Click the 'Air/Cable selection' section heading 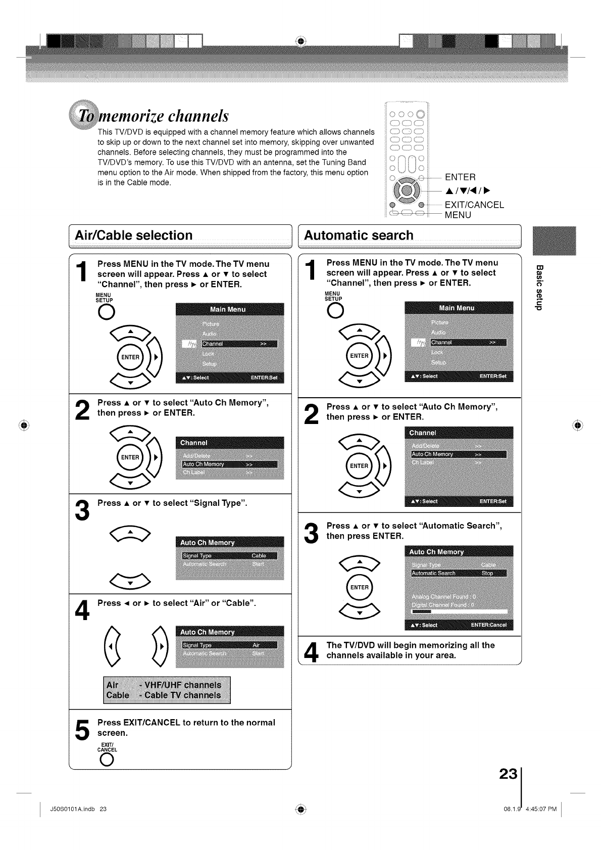(133, 235)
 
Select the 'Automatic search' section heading (359, 235)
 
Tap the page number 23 (508, 774)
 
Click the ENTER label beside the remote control (460, 177)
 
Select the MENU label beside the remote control (458, 215)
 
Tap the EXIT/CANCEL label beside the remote (474, 205)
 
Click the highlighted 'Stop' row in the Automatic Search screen (459, 573)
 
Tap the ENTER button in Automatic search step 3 (359, 587)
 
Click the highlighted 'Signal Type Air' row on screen (229, 645)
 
